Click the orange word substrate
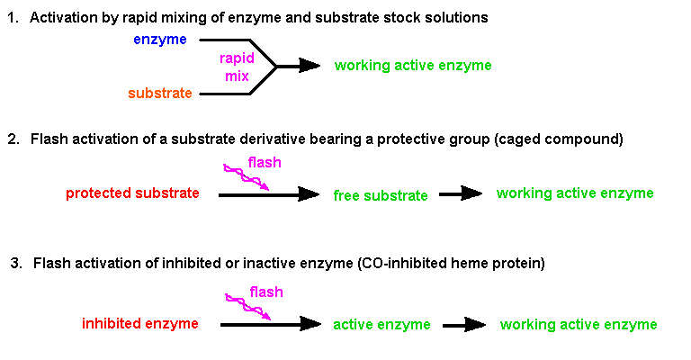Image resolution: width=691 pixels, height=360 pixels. click(160, 94)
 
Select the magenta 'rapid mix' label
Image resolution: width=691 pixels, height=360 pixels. click(238, 67)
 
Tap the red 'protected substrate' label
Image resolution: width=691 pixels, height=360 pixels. click(132, 193)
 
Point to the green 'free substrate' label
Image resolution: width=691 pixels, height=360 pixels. click(381, 195)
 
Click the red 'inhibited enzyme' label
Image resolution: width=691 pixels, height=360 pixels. click(139, 324)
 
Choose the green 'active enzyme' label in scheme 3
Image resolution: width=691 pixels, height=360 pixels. click(381, 325)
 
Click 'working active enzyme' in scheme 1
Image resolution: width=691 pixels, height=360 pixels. click(413, 66)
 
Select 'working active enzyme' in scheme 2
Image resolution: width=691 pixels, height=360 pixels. click(575, 193)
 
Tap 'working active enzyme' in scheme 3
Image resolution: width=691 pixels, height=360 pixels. click(579, 325)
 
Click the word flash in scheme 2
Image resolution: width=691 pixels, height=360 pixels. click(265, 162)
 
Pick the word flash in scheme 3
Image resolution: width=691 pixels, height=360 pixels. click(266, 292)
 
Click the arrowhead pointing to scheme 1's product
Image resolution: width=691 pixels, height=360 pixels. click(308, 66)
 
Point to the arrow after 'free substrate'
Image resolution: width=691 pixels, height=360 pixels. click(462, 193)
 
